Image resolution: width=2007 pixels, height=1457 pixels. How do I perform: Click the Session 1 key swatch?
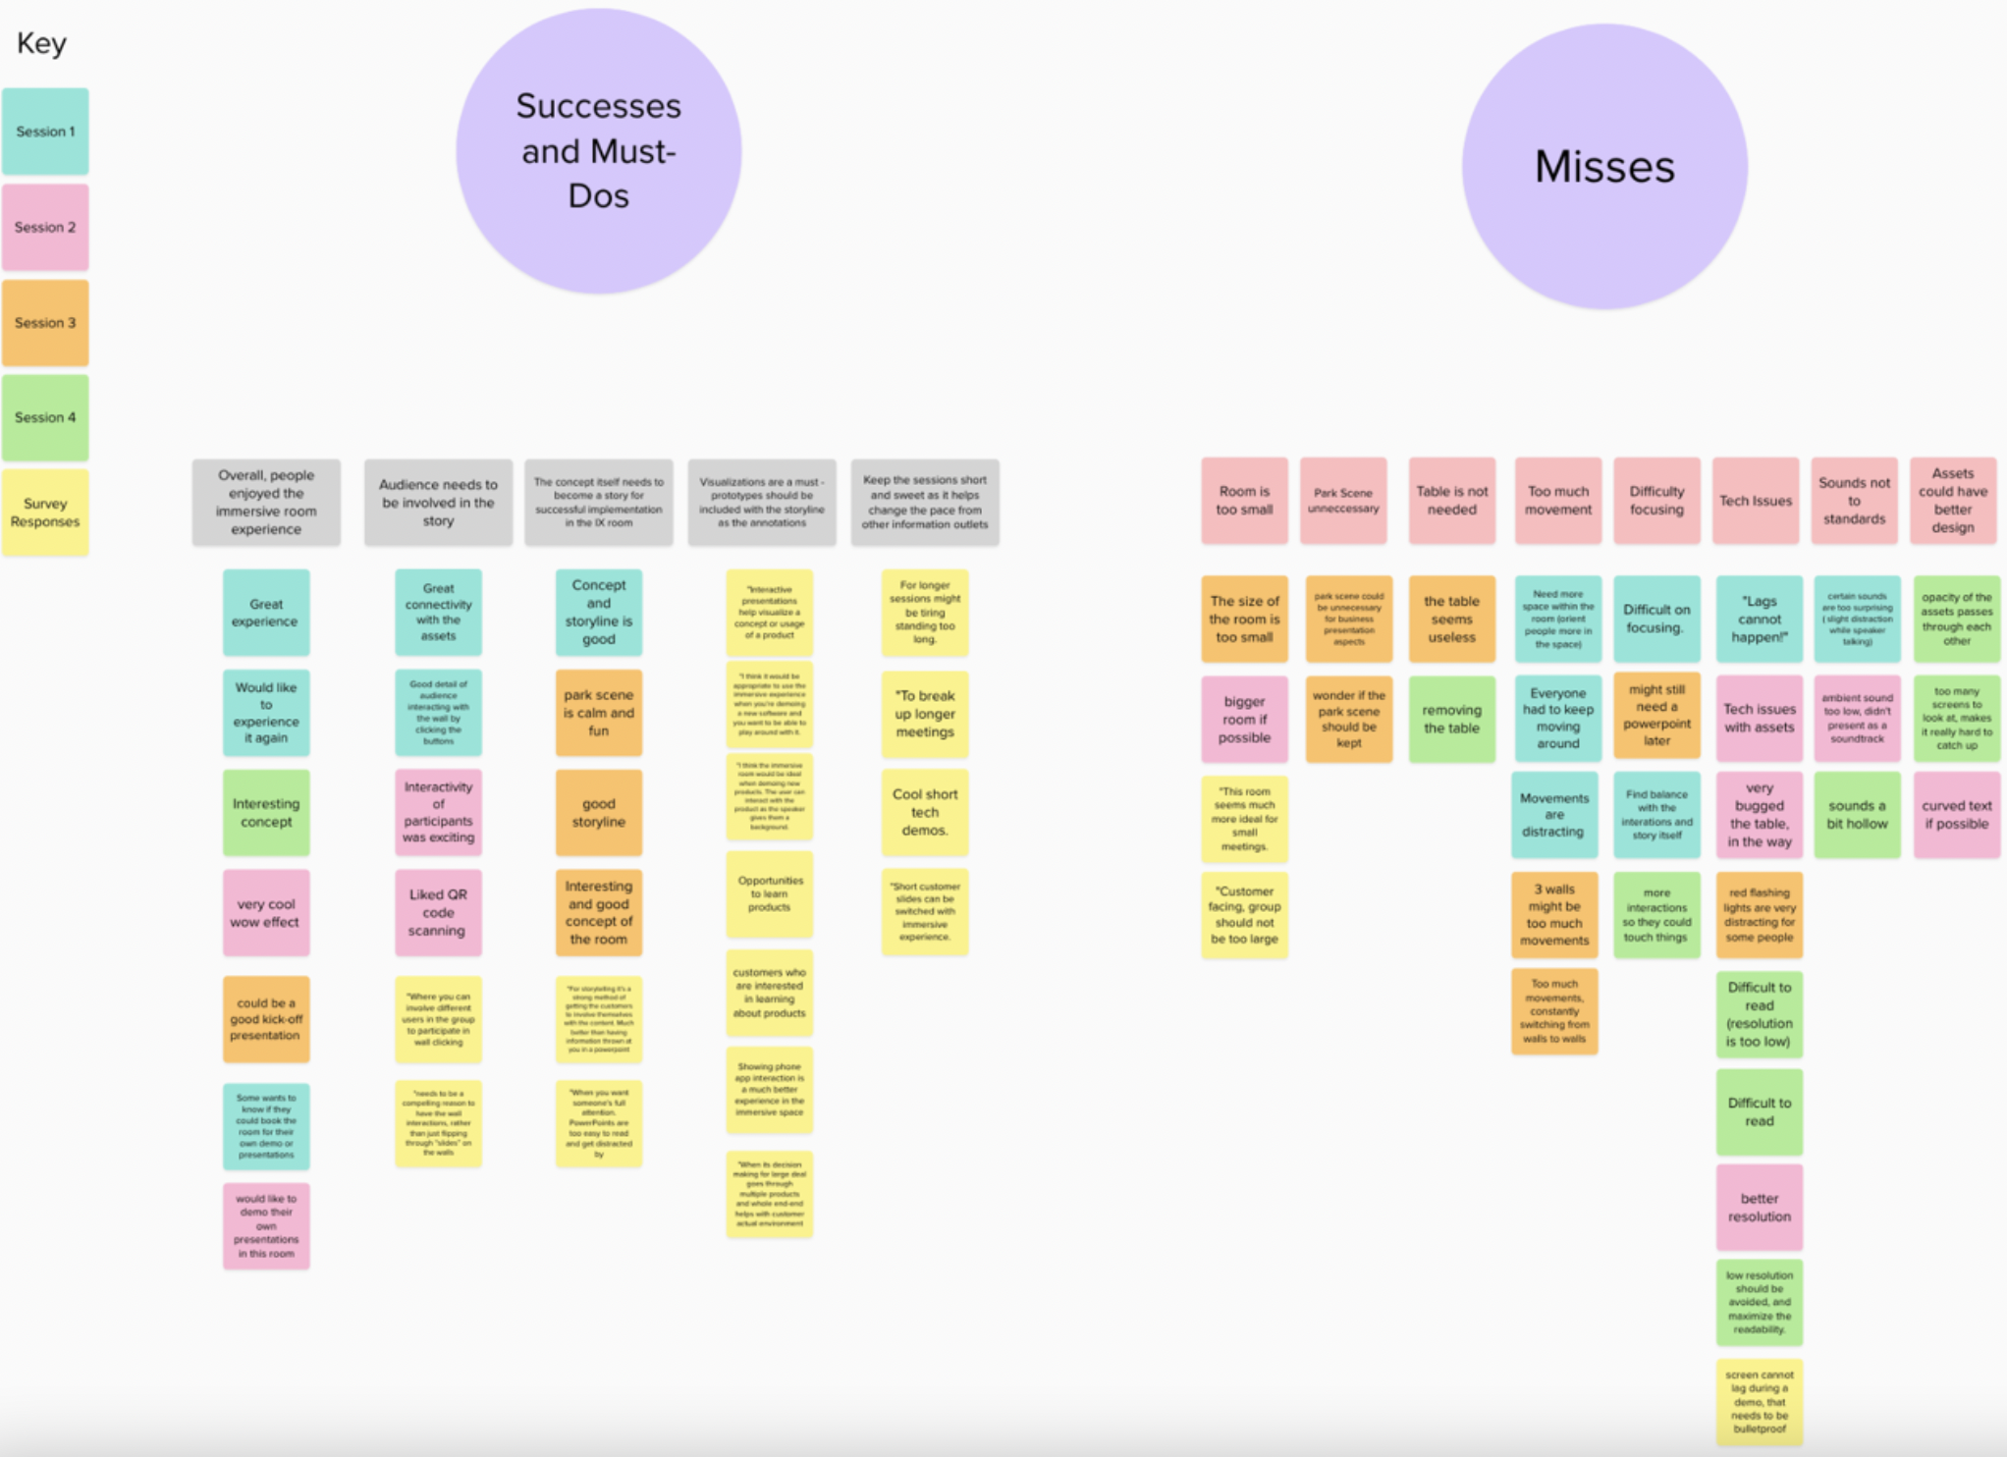[45, 132]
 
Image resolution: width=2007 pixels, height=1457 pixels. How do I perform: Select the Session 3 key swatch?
[45, 323]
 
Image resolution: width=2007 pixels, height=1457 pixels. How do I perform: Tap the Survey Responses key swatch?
[45, 513]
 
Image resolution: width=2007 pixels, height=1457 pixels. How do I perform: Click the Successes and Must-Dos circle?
[598, 151]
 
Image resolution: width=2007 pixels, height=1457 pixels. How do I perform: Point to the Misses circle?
[1604, 167]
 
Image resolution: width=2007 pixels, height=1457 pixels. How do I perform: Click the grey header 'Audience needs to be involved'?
[438, 502]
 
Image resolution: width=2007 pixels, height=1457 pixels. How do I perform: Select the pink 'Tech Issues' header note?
[1756, 501]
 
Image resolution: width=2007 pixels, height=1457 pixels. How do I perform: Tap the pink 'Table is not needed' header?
[1451, 501]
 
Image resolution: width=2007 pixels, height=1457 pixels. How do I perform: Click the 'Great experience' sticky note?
[266, 613]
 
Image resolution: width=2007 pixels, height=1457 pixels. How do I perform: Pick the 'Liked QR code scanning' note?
[438, 912]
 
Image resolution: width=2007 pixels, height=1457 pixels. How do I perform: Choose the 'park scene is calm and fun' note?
[598, 713]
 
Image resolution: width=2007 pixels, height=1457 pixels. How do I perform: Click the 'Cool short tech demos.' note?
[925, 812]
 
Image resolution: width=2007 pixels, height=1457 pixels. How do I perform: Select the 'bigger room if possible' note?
[1244, 720]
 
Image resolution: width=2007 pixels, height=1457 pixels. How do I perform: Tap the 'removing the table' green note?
[1451, 720]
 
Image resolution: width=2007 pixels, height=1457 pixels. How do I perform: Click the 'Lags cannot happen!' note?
[1759, 620]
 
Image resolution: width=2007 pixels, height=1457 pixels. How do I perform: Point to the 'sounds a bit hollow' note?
[1857, 815]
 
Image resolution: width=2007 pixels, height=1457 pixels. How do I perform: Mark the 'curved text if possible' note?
[1956, 815]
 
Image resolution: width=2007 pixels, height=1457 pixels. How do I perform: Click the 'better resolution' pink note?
[1759, 1208]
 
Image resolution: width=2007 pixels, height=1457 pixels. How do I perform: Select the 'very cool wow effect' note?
[266, 913]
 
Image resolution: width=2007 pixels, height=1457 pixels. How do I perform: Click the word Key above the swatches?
[41, 43]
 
